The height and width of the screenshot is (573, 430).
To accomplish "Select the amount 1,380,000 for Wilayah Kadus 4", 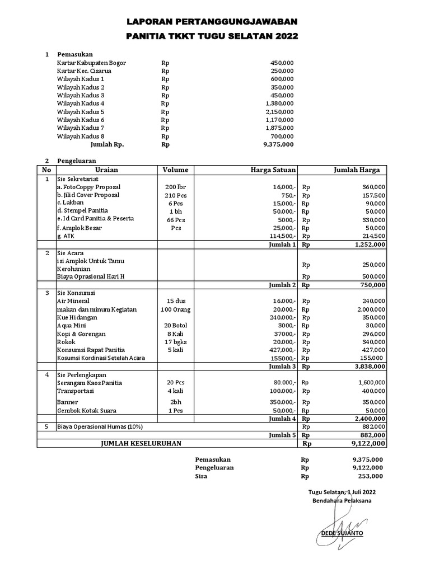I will point(279,104).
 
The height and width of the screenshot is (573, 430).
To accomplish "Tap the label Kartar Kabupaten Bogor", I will point(91,63).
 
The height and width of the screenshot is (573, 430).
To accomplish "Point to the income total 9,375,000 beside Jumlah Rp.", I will point(278,144).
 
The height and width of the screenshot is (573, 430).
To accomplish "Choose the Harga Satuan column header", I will point(273,170).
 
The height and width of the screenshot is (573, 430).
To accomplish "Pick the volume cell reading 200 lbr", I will point(175,186).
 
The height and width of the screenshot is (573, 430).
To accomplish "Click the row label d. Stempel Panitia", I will point(85,210).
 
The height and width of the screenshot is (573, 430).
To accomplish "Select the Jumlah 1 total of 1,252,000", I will point(367,245).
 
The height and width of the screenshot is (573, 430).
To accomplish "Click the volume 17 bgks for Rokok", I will point(176,342).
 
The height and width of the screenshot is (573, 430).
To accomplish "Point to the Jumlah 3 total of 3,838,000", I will point(367,367).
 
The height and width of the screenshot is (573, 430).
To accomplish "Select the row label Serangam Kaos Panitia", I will point(90,383).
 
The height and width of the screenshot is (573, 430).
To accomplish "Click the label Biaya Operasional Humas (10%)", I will point(100,427).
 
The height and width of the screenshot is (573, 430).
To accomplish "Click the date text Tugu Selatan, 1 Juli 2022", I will point(342,492).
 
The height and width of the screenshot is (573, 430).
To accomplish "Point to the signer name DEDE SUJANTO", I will point(342,533).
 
